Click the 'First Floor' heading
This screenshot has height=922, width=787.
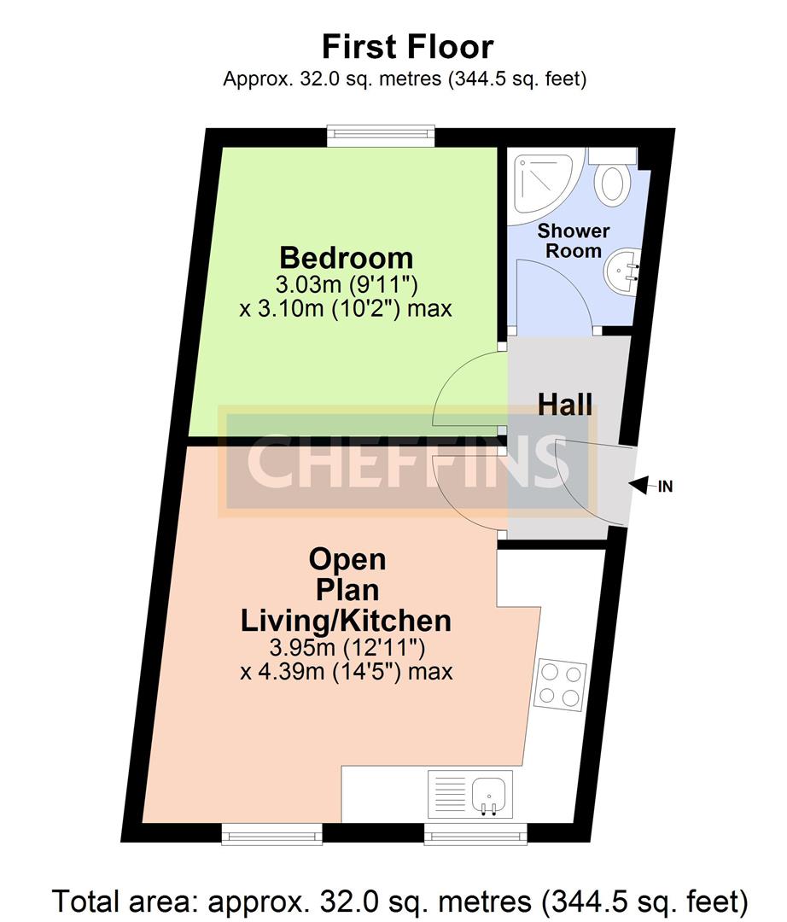(407, 47)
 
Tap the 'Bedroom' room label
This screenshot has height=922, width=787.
(347, 258)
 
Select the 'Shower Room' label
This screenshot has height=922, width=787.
(573, 241)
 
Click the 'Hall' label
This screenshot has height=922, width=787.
(565, 405)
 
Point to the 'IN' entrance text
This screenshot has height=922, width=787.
(665, 487)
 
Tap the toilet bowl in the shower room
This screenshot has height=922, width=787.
(611, 184)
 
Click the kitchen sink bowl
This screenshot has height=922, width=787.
(489, 795)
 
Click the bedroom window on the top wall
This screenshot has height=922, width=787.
(381, 136)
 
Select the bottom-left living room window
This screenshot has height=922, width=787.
(271, 833)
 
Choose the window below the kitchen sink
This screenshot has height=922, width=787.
(475, 833)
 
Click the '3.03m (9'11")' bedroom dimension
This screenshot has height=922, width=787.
(347, 284)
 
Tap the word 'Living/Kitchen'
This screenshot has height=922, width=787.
(347, 621)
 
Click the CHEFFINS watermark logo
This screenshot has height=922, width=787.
(407, 462)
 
